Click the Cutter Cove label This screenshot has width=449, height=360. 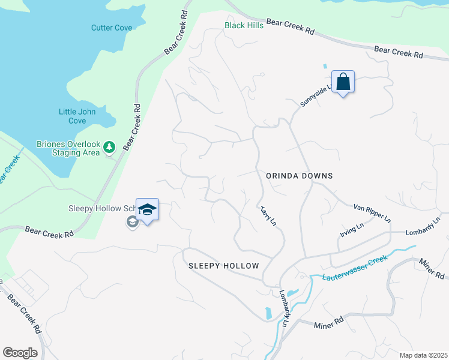tap(112, 28)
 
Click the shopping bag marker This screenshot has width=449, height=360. tap(343, 82)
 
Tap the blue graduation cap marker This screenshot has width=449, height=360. tap(147, 210)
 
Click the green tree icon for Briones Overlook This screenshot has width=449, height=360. tap(109, 146)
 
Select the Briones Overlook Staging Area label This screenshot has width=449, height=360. tap(68, 148)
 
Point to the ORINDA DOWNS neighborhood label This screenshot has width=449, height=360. tap(299, 176)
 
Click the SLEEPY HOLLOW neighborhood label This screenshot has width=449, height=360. tap(224, 266)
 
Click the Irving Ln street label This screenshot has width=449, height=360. tap(352, 230)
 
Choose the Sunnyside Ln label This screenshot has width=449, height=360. tap(316, 97)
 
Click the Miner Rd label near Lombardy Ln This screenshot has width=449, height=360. tap(329, 323)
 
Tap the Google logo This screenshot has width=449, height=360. tap(20, 353)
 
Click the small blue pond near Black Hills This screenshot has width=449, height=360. tap(325, 65)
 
